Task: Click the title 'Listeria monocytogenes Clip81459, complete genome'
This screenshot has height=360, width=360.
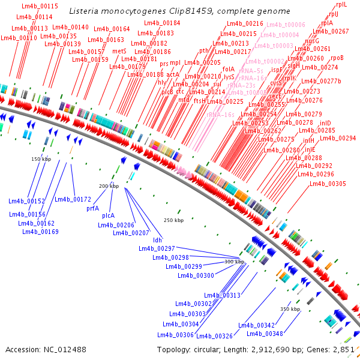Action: (179, 11)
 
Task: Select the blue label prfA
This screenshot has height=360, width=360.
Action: (93, 208)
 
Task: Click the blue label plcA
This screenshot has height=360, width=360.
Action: (108, 215)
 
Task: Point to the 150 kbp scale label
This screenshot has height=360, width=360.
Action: (41, 159)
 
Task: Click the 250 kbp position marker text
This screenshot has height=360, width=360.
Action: (173, 220)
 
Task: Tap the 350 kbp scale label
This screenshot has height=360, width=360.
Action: (290, 308)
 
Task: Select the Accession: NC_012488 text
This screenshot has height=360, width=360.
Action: (46, 349)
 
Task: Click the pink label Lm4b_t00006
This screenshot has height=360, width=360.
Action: (286, 25)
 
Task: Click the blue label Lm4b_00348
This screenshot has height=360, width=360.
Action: (265, 334)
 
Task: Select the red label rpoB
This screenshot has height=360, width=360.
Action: (337, 58)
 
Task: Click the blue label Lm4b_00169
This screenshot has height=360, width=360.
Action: (41, 232)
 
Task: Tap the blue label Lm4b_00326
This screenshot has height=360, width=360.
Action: (214, 336)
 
